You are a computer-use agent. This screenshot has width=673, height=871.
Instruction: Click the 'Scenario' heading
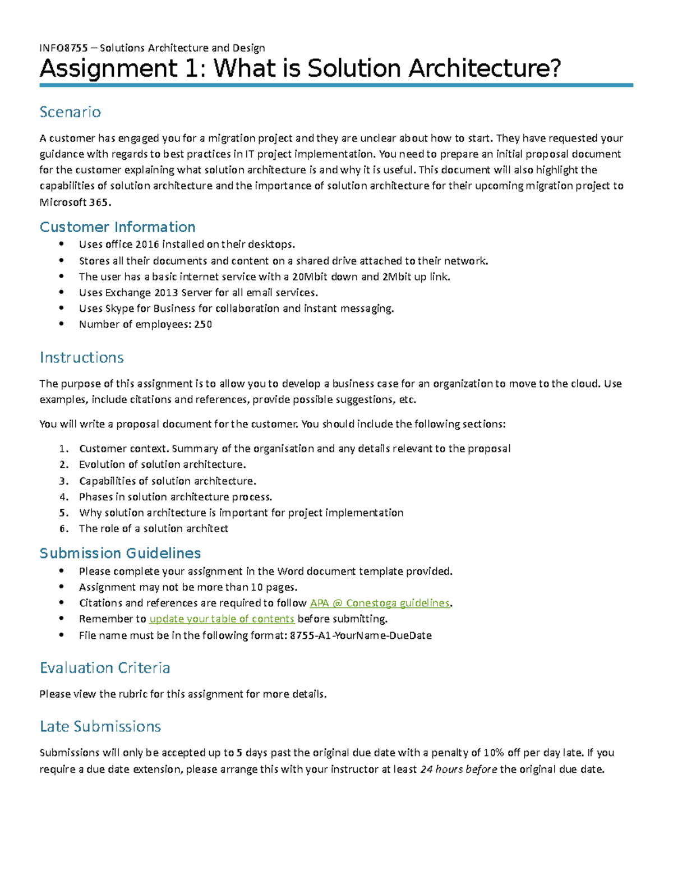point(70,112)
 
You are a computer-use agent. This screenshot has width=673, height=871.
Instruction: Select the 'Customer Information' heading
point(117,227)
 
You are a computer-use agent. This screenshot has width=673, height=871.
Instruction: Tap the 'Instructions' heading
point(81,358)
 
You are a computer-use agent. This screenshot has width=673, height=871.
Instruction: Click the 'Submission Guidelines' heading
point(120,554)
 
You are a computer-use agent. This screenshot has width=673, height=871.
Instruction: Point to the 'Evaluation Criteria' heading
point(105,668)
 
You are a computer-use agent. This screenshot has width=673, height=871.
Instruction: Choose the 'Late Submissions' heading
point(100,727)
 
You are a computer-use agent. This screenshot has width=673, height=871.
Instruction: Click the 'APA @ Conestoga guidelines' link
point(380,603)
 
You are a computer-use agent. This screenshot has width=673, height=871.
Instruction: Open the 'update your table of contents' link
point(222,619)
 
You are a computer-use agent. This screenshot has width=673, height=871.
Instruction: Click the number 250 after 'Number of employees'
point(203,325)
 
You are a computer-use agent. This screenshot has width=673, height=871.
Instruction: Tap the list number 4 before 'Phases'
point(63,497)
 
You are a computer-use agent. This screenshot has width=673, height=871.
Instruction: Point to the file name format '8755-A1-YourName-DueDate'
point(361,635)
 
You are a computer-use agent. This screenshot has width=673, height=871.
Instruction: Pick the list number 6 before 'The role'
point(63,529)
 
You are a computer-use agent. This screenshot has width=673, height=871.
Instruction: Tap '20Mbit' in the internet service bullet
point(307,277)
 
